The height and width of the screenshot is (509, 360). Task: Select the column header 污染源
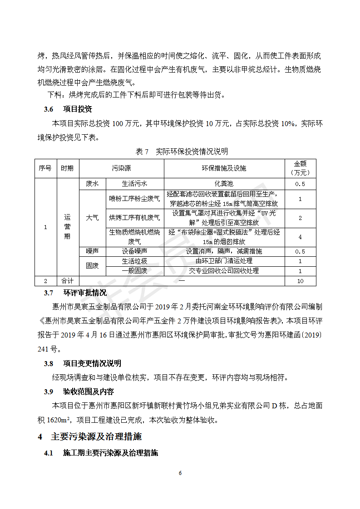point(121,168)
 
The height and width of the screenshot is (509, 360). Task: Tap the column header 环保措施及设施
point(224,168)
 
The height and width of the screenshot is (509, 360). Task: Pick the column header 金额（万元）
point(300,168)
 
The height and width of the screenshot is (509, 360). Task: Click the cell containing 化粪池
point(224,184)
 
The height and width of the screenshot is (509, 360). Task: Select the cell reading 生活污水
point(134,184)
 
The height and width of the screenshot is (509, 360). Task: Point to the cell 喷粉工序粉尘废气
point(134,198)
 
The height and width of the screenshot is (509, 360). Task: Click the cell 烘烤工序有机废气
point(134,218)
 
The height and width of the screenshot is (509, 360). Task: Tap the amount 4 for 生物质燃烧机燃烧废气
point(300,237)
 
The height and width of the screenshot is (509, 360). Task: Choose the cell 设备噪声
point(134,251)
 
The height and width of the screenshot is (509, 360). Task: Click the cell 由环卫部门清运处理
point(224,261)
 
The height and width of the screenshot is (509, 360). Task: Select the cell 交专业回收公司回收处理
point(224,271)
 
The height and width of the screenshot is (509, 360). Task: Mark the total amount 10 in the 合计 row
point(300,281)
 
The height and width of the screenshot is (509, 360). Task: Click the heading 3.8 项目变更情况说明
point(82,363)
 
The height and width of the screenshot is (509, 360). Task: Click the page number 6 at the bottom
point(180,473)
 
